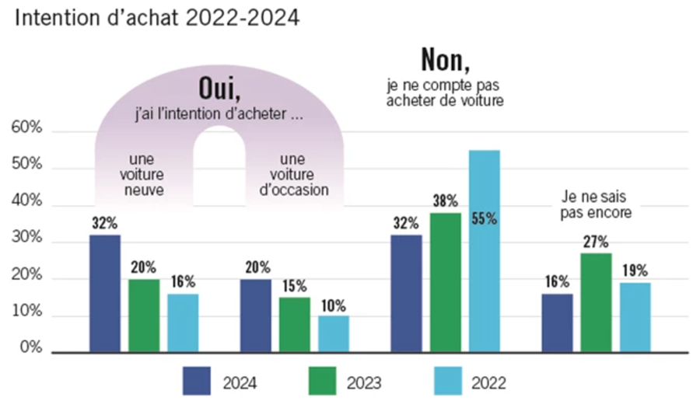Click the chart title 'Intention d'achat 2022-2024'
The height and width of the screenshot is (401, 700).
click(157, 18)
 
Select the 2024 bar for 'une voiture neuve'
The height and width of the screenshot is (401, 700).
click(105, 294)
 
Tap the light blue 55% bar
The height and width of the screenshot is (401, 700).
click(485, 251)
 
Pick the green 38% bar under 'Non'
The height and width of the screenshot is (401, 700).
click(446, 283)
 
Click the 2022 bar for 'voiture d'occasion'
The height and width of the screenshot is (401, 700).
click(334, 334)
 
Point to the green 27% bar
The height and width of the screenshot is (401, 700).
click(596, 303)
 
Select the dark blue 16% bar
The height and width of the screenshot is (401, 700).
click(557, 323)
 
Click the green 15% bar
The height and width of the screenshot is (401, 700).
click(295, 325)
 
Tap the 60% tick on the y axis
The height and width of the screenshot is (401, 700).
click(26, 127)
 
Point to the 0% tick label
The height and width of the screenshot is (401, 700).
click(31, 347)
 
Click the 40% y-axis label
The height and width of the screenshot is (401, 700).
click(26, 200)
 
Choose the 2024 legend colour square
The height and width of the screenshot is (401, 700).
click(197, 381)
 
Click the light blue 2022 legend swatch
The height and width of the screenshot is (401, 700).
click(448, 381)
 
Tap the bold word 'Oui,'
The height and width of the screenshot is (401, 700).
click(219, 89)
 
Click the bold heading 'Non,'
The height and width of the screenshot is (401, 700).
click(446, 59)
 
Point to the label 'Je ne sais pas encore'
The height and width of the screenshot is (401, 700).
click(596, 204)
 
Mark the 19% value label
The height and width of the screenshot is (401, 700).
click(635, 270)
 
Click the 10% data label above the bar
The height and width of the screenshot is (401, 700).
click(334, 306)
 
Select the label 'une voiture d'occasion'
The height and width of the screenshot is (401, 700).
click(294, 174)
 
